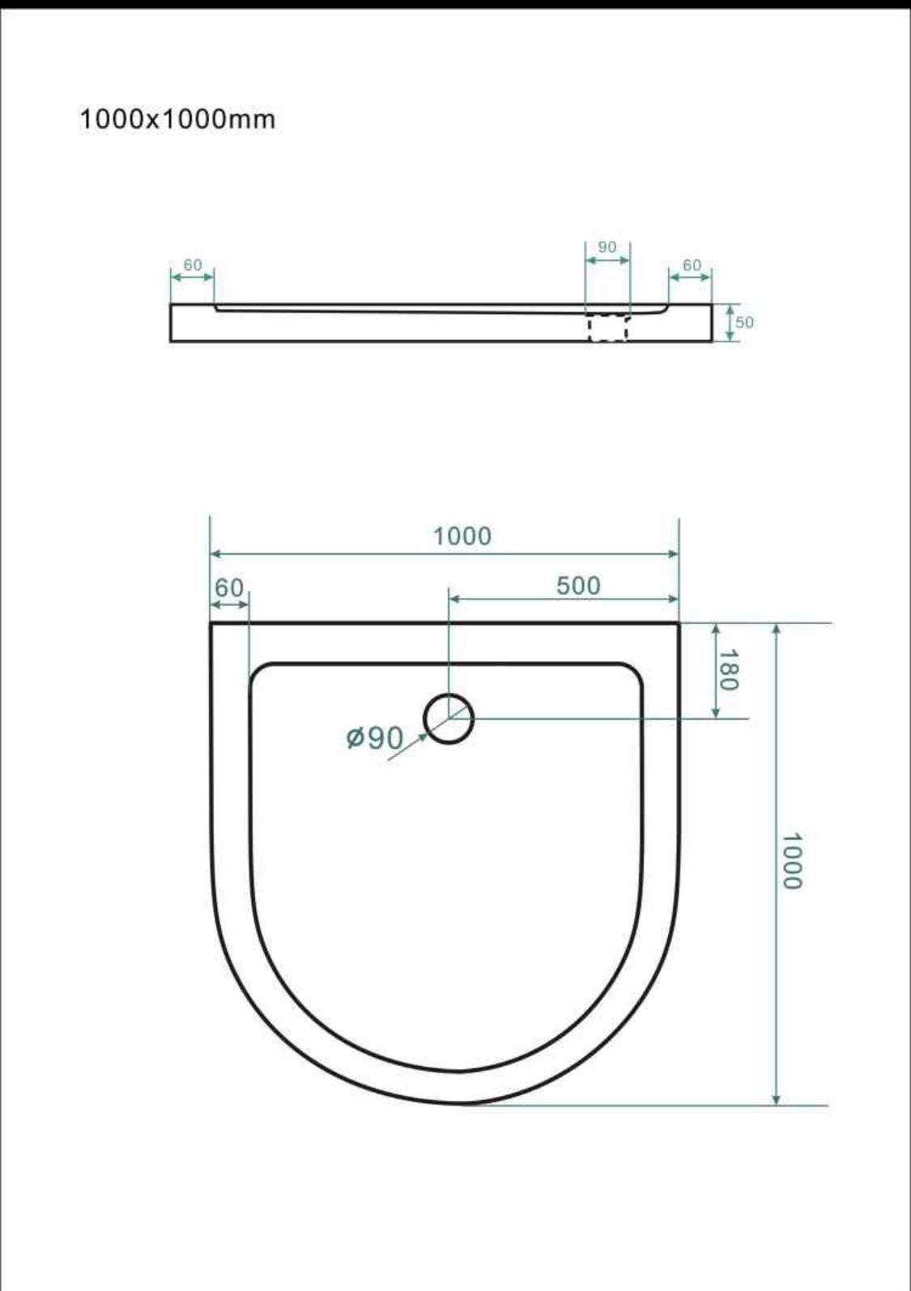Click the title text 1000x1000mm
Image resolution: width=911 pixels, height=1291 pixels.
click(177, 119)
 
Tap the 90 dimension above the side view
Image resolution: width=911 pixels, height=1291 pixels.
click(607, 247)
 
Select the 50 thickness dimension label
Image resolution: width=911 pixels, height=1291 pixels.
click(744, 322)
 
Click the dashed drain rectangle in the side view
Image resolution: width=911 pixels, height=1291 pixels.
click(608, 329)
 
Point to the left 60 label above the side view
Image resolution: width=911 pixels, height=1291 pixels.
click(193, 265)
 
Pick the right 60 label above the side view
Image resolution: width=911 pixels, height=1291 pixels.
click(692, 265)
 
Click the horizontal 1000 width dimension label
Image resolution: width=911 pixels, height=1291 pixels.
click(462, 537)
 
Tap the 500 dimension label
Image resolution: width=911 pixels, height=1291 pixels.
click(578, 585)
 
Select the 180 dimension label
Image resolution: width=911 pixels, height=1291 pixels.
click(728, 669)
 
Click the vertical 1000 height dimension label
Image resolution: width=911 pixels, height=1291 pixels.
click(791, 861)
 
